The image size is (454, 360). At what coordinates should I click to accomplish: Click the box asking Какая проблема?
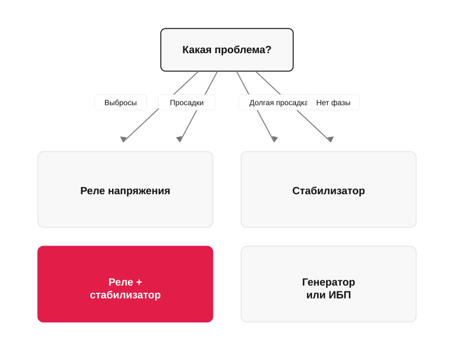coord(227,50)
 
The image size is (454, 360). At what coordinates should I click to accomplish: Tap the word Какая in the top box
coord(197,50)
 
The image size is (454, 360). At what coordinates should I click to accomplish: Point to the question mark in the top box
coord(268,50)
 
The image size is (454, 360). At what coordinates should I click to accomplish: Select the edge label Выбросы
coord(120,103)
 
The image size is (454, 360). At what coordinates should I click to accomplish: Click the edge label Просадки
coord(187,103)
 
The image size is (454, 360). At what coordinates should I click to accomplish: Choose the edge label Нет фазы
coord(333,103)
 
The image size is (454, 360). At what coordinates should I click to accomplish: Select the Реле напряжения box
coord(126,189)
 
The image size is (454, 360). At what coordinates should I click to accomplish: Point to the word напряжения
coord(139,191)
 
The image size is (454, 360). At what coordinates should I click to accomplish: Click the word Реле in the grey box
coord(93,191)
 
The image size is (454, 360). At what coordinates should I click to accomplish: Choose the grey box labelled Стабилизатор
coord(328,189)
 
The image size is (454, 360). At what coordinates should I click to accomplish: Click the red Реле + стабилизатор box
coord(126,284)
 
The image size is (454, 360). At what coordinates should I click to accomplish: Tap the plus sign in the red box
coord(139,282)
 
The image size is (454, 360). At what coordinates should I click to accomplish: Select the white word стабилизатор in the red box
coord(126,295)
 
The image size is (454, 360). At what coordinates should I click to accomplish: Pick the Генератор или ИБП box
coord(328,284)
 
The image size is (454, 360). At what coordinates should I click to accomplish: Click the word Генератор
coord(328,282)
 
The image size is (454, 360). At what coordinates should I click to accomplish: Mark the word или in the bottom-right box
coord(316,295)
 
